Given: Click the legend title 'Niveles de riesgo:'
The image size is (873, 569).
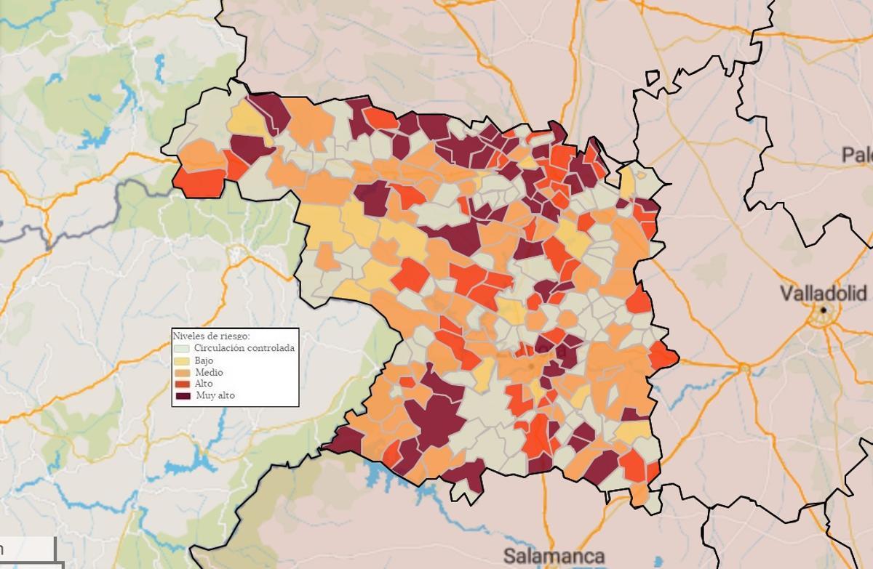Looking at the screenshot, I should click(211, 336).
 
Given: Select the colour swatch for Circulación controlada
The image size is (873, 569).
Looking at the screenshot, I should click(181, 348).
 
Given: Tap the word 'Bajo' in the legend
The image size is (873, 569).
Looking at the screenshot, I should click(204, 360).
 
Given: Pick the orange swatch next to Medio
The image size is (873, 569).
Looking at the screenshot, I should click(181, 372).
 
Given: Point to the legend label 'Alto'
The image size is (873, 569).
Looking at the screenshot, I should click(204, 384).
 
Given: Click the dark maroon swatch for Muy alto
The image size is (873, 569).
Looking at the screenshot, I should click(181, 396).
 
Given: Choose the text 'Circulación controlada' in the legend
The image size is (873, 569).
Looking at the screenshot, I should click(244, 348).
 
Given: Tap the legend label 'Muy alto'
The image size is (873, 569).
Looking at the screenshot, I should click(215, 396).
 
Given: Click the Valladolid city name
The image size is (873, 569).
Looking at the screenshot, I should click(823, 294).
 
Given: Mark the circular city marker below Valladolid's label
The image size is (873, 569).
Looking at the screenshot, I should click(824, 310).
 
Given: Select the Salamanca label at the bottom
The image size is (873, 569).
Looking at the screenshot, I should click(554, 557).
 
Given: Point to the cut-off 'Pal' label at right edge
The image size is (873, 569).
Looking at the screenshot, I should click(857, 154).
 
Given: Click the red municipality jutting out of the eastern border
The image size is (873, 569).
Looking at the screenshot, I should click(663, 355).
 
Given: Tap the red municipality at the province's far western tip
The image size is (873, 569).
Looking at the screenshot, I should click(199, 182).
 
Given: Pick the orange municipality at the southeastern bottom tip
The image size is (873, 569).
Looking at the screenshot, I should click(639, 495).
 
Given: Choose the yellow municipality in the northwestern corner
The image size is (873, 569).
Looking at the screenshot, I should click(246, 121).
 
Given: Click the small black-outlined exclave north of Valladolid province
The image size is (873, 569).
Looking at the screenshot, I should click(652, 78).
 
